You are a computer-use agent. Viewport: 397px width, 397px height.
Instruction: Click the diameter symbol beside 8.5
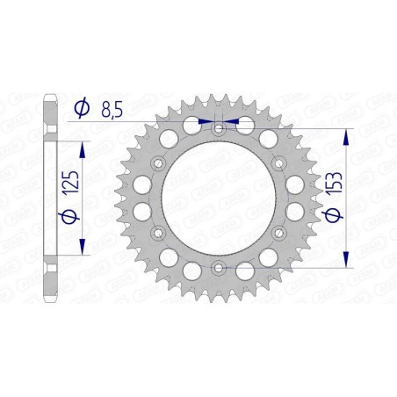(x=82, y=108)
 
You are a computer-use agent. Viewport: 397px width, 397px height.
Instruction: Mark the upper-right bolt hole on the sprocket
(x=277, y=163)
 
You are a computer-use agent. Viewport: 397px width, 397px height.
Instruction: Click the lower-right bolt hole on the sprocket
(x=277, y=232)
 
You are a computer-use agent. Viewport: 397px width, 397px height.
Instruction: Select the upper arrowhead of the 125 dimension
(x=84, y=142)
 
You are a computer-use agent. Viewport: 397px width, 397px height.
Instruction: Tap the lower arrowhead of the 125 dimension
(x=84, y=253)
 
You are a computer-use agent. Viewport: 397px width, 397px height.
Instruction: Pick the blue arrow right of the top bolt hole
(x=230, y=120)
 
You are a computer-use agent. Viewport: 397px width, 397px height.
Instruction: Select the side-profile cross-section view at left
(x=51, y=198)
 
